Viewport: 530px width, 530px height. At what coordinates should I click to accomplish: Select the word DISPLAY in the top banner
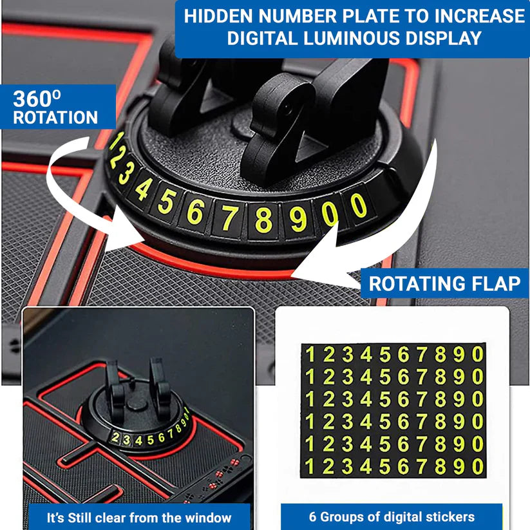446,38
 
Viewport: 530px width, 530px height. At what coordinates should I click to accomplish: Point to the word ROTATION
56,118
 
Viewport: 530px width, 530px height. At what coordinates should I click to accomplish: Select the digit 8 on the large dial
262,219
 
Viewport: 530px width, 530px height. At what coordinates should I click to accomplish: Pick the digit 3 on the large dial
126,174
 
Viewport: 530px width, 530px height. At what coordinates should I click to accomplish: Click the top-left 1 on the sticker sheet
310,355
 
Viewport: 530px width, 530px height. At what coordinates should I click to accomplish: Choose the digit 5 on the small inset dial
150,440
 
